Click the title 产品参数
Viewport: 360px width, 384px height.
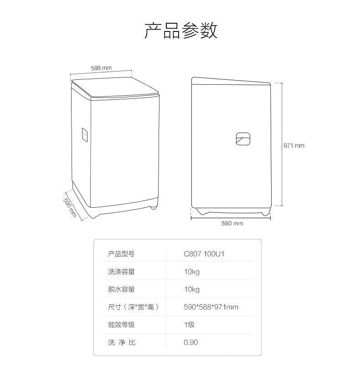coord(180,31)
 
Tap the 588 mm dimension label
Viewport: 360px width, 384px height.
coord(101,68)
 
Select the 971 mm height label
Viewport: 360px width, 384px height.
coord(294,145)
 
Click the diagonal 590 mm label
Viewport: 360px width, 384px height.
coord(70,207)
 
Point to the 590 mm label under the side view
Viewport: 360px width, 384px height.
coord(232,223)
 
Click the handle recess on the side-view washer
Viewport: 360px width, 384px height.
coord(243,139)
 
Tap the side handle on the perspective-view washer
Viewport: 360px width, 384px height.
coord(84,135)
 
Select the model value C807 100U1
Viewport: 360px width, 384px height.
coord(204,254)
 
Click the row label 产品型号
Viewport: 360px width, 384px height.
coord(121,254)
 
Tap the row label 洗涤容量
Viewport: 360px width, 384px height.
coord(121,271)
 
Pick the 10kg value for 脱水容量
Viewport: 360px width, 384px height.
coord(192,289)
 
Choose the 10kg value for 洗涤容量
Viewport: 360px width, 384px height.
coord(192,271)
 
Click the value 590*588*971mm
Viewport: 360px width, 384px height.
coord(211,307)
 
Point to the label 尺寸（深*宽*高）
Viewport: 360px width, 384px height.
coord(134,307)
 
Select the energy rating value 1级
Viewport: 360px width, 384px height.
coord(189,325)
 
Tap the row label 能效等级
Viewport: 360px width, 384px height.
coord(121,325)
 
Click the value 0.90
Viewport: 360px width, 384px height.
coord(190,343)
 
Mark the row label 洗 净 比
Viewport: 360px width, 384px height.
coord(122,343)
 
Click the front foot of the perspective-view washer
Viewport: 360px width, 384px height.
coord(154,207)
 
